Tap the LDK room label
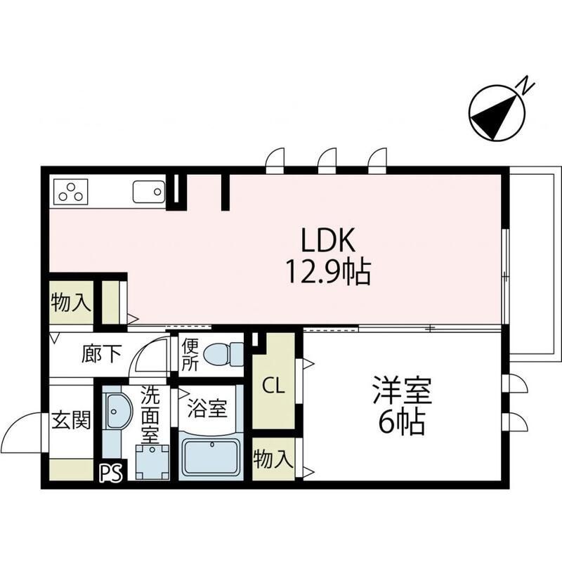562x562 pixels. click(x=327, y=242)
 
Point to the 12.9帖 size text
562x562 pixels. click(x=327, y=270)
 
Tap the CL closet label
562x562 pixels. click(x=273, y=386)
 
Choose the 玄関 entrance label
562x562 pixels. click(x=72, y=423)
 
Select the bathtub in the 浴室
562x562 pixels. click(x=211, y=457)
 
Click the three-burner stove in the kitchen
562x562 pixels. click(x=70, y=190)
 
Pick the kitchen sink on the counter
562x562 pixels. click(x=148, y=191)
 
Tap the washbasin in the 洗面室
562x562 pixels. click(x=115, y=411)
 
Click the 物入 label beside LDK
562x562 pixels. click(x=71, y=303)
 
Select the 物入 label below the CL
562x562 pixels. click(x=273, y=460)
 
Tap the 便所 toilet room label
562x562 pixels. click(x=190, y=355)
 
